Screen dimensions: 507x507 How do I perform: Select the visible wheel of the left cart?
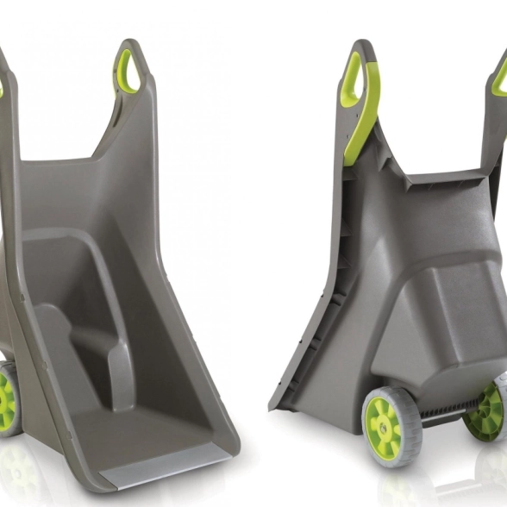coord(8,396)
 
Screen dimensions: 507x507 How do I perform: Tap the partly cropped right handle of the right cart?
coord(498,78)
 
